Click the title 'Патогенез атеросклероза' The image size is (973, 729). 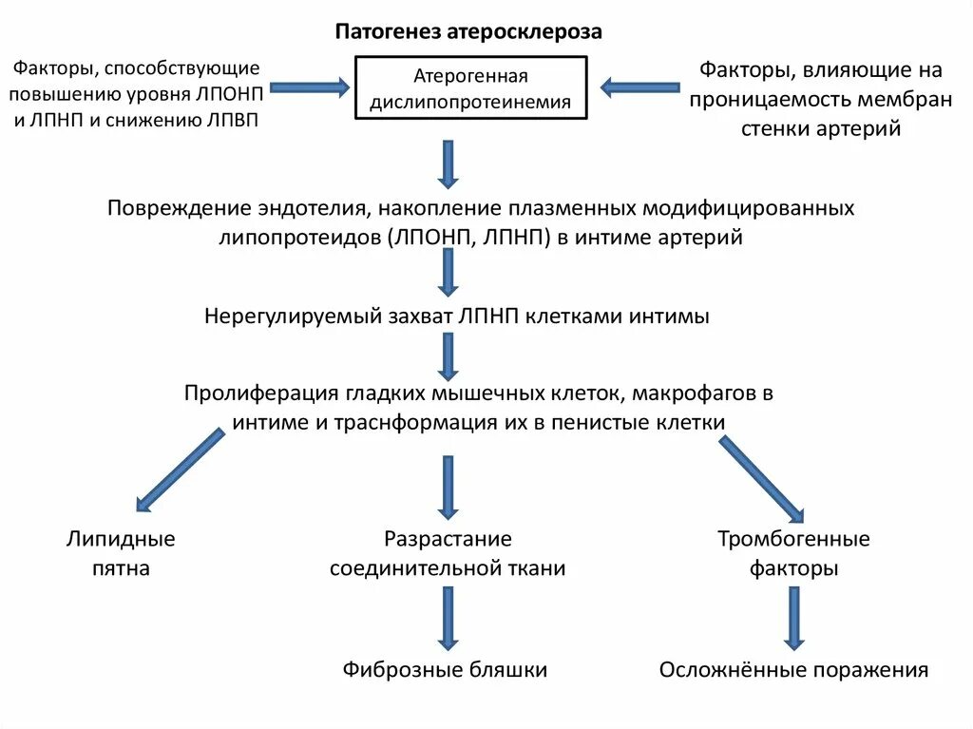tap(467, 32)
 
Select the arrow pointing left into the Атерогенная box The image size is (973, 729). tap(639, 88)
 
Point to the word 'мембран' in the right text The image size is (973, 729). tap(905, 100)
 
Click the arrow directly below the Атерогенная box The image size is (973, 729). tap(449, 163)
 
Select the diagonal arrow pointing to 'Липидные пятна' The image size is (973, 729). tap(181, 470)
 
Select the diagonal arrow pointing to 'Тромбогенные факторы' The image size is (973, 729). tap(763, 478)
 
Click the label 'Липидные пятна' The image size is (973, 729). tap(121, 554)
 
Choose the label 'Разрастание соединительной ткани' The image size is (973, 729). tap(448, 554)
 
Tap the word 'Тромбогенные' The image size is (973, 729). tap(793, 540)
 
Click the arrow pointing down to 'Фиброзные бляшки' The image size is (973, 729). tap(448, 618)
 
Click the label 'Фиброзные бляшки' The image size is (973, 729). tap(445, 669)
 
